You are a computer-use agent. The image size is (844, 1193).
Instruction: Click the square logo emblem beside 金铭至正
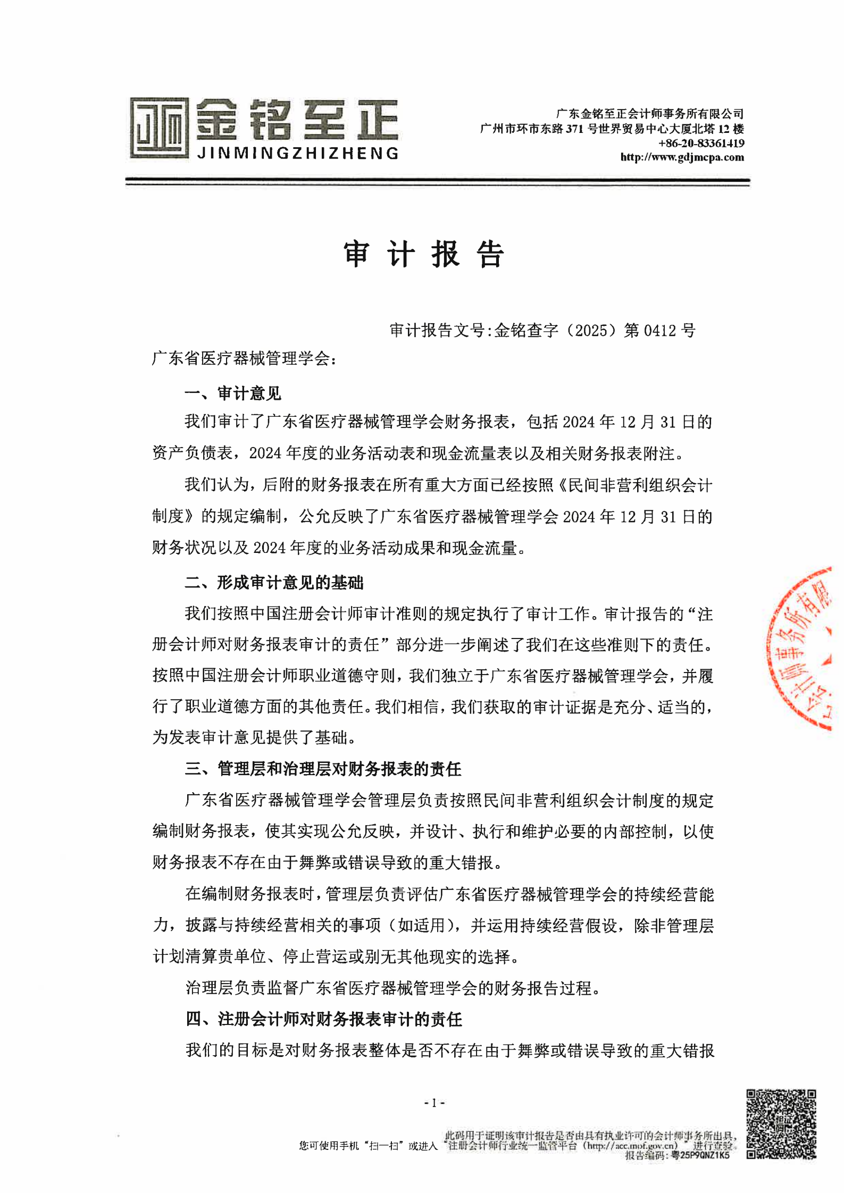coord(159,128)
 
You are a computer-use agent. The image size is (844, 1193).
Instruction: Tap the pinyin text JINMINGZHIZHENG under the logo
coord(298,154)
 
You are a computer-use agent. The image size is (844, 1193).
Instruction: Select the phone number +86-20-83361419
coord(701,143)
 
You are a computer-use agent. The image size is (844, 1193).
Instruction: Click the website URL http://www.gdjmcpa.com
coord(682,157)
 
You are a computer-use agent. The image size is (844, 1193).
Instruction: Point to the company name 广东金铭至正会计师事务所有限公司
coord(649,114)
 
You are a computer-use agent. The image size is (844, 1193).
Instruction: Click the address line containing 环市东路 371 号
coord(612,129)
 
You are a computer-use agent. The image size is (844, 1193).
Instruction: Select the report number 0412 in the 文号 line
coord(660,331)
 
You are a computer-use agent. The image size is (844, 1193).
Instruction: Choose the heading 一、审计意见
coord(232,394)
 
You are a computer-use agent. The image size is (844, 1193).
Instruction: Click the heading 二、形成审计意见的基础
coord(274,583)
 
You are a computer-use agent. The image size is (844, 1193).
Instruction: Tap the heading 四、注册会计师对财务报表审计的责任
coord(323,1019)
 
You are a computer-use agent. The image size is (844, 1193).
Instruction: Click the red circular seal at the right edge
coord(803,649)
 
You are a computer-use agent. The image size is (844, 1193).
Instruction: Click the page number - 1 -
coord(434,1103)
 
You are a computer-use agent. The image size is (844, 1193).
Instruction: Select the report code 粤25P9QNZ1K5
coord(701,1155)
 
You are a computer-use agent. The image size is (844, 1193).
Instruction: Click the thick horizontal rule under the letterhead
coord(437,182)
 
